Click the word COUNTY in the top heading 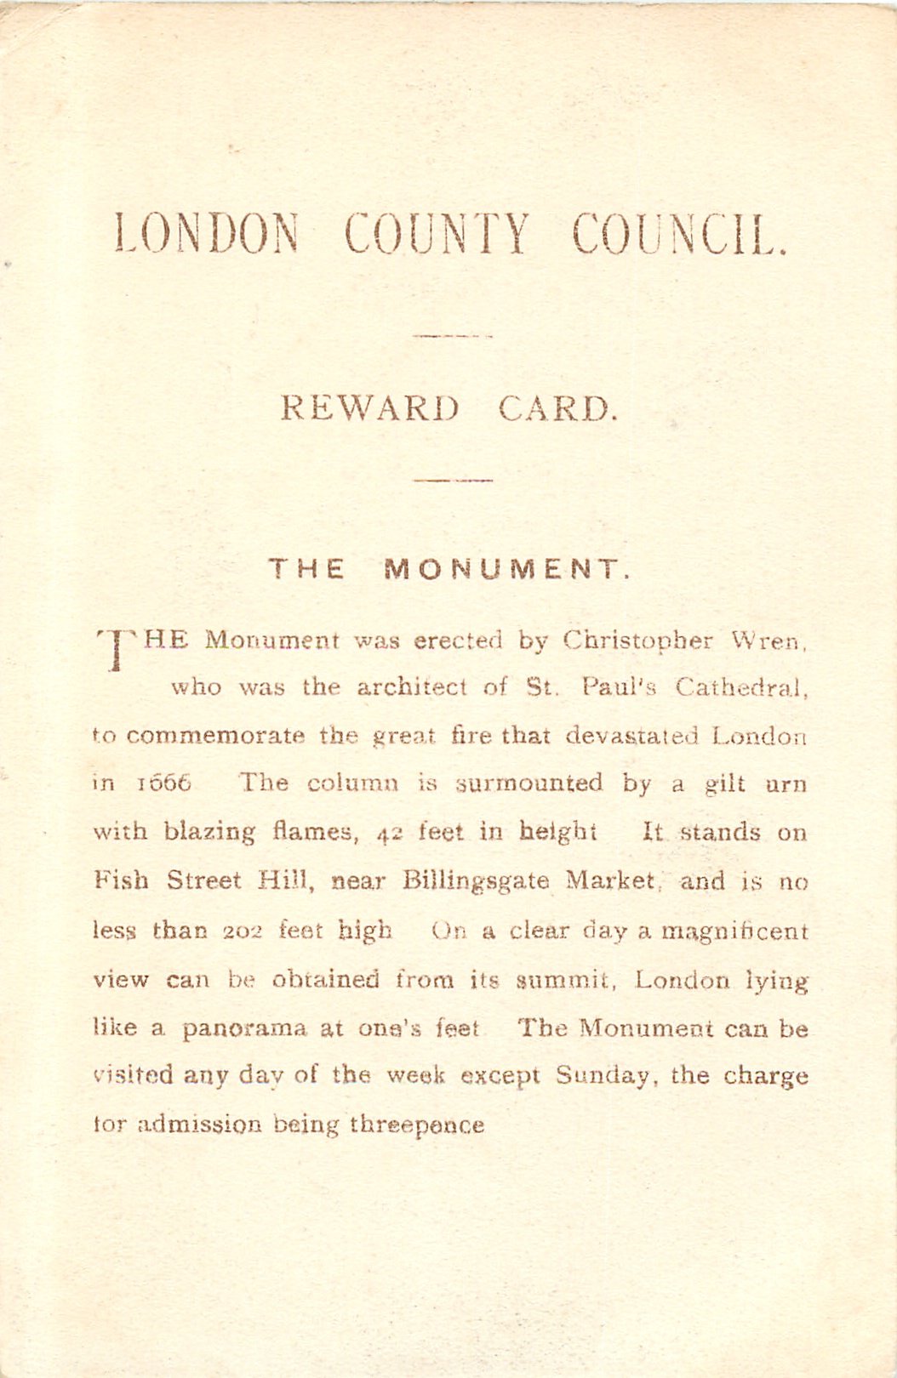pos(437,234)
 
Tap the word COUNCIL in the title pos(678,234)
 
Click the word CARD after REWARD pos(557,409)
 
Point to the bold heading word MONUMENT pos(507,569)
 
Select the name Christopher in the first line pos(638,641)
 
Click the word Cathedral pos(740,687)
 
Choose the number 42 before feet pos(389,833)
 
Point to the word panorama pos(244,1029)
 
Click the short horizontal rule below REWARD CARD pos(453,481)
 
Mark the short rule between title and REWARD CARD pos(452,336)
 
